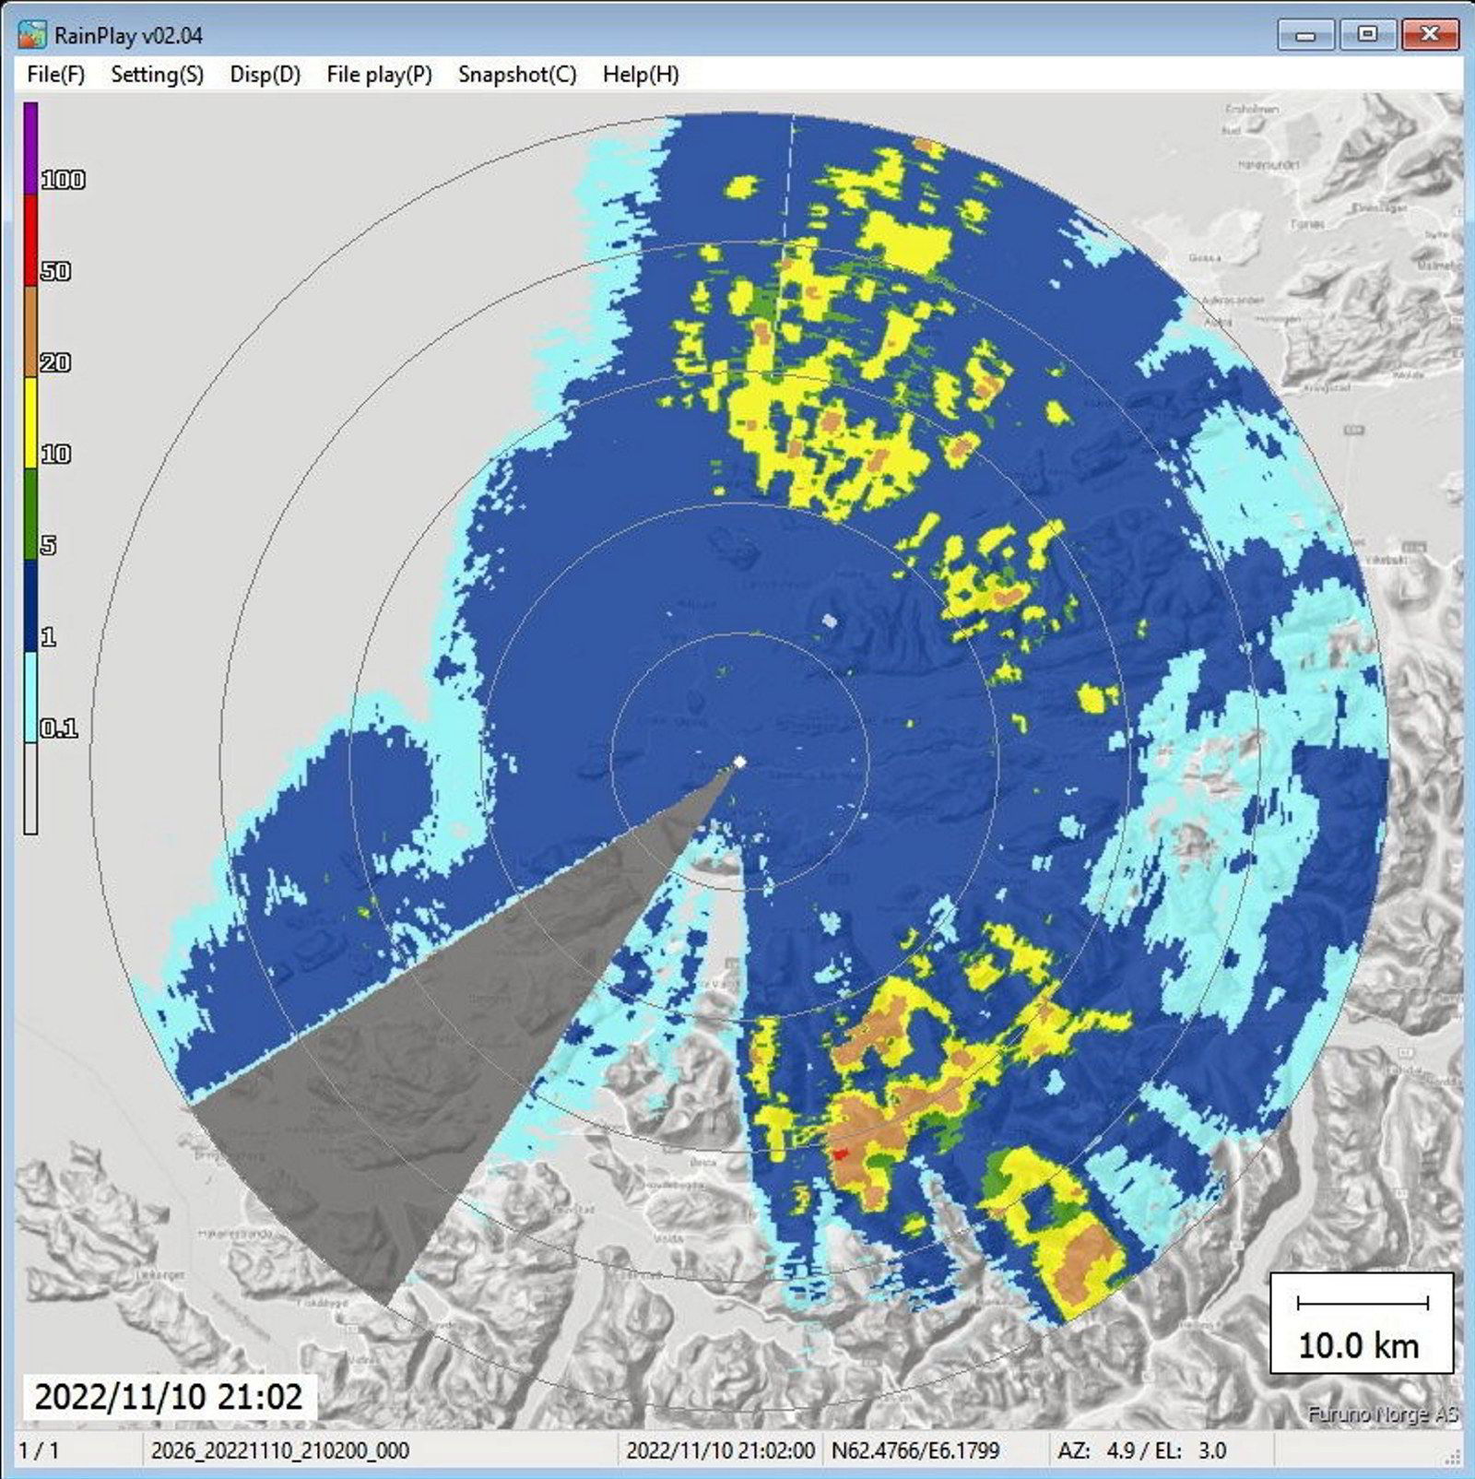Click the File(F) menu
point(55,75)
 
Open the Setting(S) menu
point(157,75)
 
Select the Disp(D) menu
point(265,75)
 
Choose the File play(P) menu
point(379,75)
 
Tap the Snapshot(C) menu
point(517,75)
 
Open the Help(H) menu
point(641,75)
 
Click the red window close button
point(1428,35)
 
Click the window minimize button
point(1304,35)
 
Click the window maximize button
point(1367,35)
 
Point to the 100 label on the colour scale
point(63,180)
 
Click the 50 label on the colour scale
point(55,271)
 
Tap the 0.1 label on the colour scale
point(59,728)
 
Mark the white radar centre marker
point(739,762)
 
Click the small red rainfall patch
point(840,1153)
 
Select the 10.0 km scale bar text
point(1358,1345)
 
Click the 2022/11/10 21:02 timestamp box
point(168,1396)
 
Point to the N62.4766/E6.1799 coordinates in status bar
point(914,1450)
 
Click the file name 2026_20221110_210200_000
point(279,1450)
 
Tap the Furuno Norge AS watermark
point(1382,1414)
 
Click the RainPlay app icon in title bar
point(32,35)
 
